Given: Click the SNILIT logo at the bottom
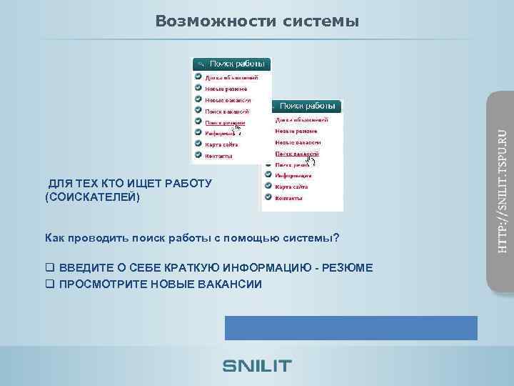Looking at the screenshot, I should (x=257, y=365).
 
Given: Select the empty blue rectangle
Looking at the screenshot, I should (x=351, y=327).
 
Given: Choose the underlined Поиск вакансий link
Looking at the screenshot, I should (x=297, y=153).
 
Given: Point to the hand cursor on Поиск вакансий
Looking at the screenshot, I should (x=311, y=159).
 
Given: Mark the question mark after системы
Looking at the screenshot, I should (x=336, y=237).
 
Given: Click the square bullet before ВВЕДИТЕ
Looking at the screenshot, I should (x=49, y=267).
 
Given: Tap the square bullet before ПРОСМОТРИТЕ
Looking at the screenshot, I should (x=49, y=284).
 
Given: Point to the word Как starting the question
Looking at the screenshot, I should (x=55, y=237).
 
